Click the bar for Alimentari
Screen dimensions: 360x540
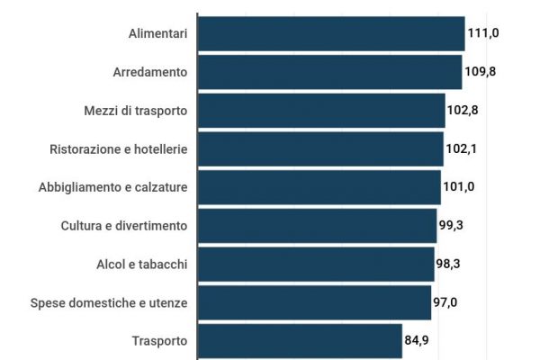pos(330,33)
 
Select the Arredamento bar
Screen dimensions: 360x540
pos(329,72)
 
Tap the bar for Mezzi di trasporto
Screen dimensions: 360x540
pos(321,111)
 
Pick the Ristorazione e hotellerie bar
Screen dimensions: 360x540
pos(320,148)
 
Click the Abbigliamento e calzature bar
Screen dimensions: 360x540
pos(319,187)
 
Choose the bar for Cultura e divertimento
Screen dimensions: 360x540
pos(317,226)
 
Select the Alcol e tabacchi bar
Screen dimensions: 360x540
pos(316,264)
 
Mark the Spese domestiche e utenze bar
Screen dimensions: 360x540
pos(314,302)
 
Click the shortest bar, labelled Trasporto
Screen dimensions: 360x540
pos(300,341)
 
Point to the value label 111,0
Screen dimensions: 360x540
pos(483,33)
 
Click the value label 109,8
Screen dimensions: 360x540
pos(481,72)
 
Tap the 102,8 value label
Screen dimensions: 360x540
pos(463,111)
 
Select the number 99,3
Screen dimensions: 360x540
pos(454,226)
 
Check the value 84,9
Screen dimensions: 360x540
pos(419,341)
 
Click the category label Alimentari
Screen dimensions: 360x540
pos(157,33)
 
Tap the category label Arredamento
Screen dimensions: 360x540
pos(149,72)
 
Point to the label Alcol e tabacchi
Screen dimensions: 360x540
pos(141,264)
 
